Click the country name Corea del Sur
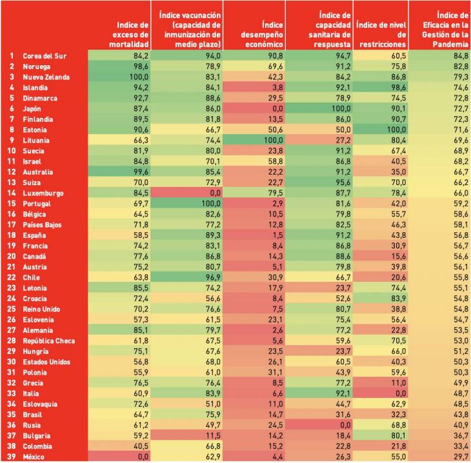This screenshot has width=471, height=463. click(x=45, y=56)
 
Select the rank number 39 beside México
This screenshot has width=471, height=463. click(x=12, y=457)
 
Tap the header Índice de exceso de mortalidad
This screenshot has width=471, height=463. click(x=129, y=35)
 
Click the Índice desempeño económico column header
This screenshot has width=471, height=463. click(x=262, y=35)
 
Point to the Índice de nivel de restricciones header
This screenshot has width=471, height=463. click(x=381, y=35)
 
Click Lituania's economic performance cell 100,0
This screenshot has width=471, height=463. click(x=273, y=140)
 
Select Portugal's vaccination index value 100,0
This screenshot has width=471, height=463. click(x=211, y=204)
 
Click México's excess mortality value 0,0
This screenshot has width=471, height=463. click(x=143, y=457)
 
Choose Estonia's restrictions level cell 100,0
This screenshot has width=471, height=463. click(x=396, y=130)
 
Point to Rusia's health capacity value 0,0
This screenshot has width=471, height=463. click(x=345, y=425)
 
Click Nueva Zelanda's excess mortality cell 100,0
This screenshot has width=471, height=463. click(x=139, y=77)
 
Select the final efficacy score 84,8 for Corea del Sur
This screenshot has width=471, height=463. click(x=461, y=56)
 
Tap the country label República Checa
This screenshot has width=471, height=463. click(x=48, y=340)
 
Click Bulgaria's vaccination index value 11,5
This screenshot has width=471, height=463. click(x=214, y=435)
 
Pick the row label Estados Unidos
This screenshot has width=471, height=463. click(x=46, y=362)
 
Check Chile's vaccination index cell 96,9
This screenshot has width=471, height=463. click(x=214, y=277)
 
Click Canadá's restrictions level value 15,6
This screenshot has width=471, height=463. click(x=399, y=257)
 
